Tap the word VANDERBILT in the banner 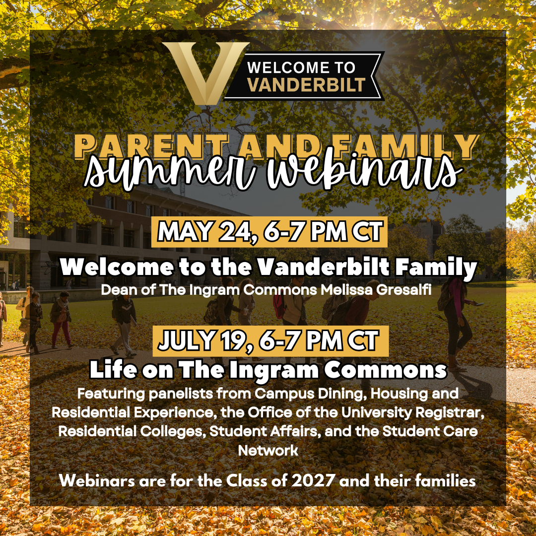(306, 84)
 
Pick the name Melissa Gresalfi (376, 290)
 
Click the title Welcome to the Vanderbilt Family (268, 267)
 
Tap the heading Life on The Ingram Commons (268, 370)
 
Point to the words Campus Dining (311, 394)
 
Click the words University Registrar (413, 412)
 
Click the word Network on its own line (268, 450)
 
